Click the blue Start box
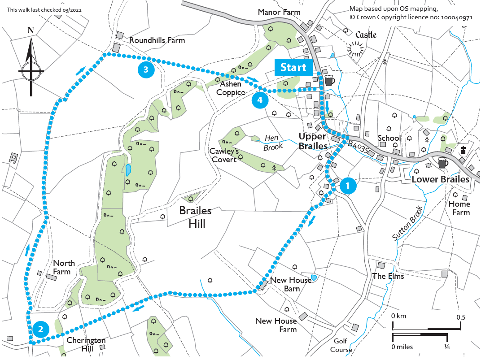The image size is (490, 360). pyautogui.click(x=293, y=68)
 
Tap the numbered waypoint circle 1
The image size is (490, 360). pyautogui.click(x=348, y=185)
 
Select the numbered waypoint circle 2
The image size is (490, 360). pyautogui.click(x=41, y=330)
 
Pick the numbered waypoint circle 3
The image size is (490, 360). pyautogui.click(x=146, y=69)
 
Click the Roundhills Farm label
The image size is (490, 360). pyautogui.click(x=157, y=40)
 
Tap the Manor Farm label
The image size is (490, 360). pyautogui.click(x=279, y=12)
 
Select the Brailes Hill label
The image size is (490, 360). pyautogui.click(x=195, y=217)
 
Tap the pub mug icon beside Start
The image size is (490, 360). pyautogui.click(x=330, y=81)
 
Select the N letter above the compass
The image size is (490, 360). pyautogui.click(x=31, y=30)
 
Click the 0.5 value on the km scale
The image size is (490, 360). pyautogui.click(x=461, y=317)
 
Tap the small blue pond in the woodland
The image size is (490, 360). pyautogui.click(x=129, y=170)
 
